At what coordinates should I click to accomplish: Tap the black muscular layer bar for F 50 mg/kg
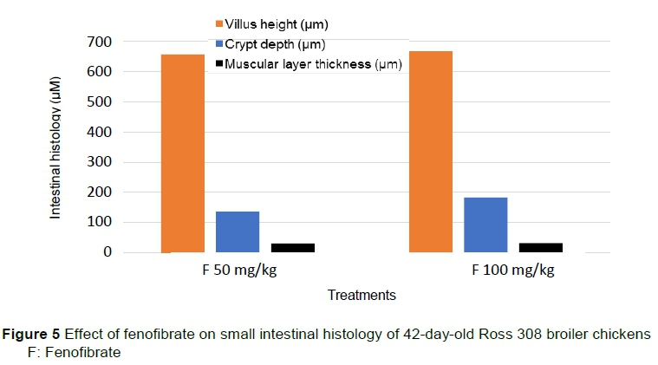[x=292, y=247]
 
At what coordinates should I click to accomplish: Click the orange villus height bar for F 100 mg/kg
[x=430, y=151]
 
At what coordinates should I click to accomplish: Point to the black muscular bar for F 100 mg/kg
[x=540, y=247]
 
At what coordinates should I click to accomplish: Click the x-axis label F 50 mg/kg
[x=237, y=270]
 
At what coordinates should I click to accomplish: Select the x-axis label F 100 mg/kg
[x=513, y=270]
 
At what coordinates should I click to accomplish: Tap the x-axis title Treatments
[x=362, y=296]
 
